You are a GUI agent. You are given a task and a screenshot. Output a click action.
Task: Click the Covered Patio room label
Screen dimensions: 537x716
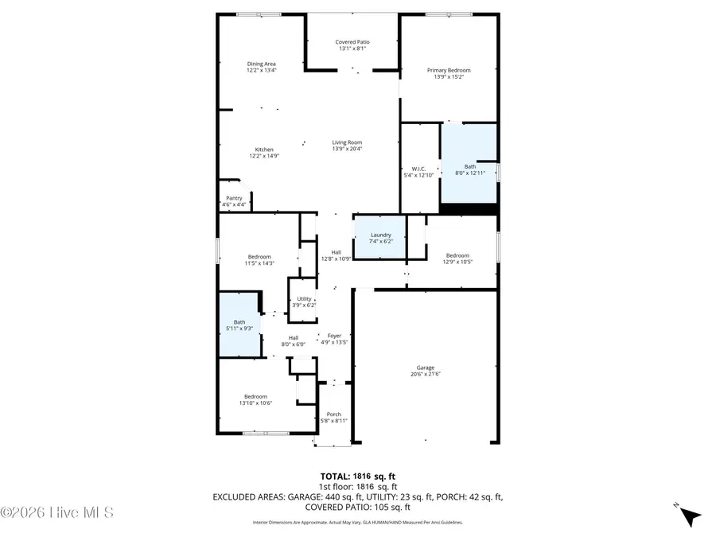352,42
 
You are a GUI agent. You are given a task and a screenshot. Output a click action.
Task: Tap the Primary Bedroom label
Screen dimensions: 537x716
449,71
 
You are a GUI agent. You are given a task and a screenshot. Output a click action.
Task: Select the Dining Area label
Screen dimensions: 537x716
261,64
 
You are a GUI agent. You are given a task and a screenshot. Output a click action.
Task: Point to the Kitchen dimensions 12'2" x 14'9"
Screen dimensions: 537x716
264,156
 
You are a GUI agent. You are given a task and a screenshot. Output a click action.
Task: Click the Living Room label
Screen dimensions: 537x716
347,142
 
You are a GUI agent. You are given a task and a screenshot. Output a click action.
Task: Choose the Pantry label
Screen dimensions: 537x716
234,198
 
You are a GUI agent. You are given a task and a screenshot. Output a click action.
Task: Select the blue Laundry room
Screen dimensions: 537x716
380,236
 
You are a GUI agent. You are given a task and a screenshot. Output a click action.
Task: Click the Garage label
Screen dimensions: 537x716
426,368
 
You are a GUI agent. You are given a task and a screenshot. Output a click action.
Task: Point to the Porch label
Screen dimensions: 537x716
334,414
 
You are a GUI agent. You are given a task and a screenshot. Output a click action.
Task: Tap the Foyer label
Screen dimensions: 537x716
334,336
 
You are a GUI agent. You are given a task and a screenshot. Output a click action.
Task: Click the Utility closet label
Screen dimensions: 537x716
305,298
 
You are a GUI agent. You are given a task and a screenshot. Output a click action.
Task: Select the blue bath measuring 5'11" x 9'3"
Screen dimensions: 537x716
239,325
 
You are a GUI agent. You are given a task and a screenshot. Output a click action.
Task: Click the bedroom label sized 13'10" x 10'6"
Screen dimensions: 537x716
255,396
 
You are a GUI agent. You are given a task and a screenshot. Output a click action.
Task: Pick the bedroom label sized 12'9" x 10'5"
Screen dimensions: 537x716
457,255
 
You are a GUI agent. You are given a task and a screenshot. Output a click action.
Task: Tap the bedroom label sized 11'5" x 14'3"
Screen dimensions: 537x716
259,256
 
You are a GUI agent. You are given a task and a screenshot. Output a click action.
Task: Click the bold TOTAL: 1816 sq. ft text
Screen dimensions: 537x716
357,476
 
